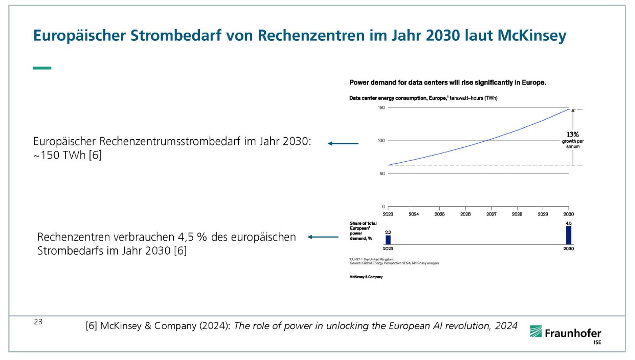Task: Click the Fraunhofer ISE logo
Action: tap(565, 334)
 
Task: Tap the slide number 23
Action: tap(38, 322)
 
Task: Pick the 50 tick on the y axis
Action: tap(382, 174)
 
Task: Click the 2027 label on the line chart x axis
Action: tap(491, 214)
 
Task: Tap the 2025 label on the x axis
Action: tap(439, 214)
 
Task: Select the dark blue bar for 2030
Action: tap(568, 235)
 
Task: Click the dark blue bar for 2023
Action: tap(388, 240)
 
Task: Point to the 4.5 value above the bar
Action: tap(568, 223)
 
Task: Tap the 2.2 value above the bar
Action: tap(388, 232)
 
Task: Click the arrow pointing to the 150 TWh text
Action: tap(343, 143)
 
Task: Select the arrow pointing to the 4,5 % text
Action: tap(323, 237)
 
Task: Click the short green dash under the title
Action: tap(42, 68)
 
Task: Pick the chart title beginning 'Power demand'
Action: tap(447, 82)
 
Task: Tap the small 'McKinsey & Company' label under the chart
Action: tap(366, 277)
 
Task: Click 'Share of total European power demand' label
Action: tap(363, 230)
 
